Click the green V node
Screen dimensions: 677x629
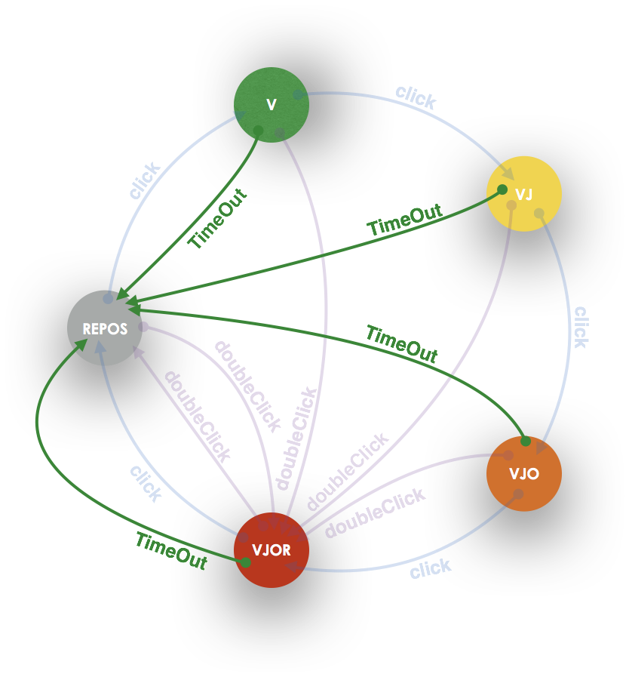pyautogui.click(x=272, y=105)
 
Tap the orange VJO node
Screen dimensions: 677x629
pyautogui.click(x=524, y=473)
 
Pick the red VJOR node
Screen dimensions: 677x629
pyautogui.click(x=272, y=550)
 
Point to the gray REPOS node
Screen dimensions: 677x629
pyautogui.click(x=105, y=328)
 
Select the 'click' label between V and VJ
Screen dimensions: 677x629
pyautogui.click(x=416, y=97)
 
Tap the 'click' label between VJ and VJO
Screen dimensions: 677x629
pyautogui.click(x=580, y=326)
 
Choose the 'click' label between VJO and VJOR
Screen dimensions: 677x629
pyautogui.click(x=431, y=568)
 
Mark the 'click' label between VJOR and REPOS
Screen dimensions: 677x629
pyautogui.click(x=146, y=483)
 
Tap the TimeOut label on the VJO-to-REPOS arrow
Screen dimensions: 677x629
pyautogui.click(x=401, y=343)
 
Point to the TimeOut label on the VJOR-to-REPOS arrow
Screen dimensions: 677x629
pyautogui.click(x=171, y=551)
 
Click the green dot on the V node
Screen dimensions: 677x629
pyautogui.click(x=258, y=131)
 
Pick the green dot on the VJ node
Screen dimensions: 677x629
pyautogui.click(x=502, y=189)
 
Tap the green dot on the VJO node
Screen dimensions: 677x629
pyautogui.click(x=526, y=441)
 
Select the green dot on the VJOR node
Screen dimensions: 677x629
pyautogui.click(x=245, y=562)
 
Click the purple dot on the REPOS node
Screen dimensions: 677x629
pyautogui.click(x=144, y=327)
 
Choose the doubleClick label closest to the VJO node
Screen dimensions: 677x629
pyautogui.click(x=375, y=513)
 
